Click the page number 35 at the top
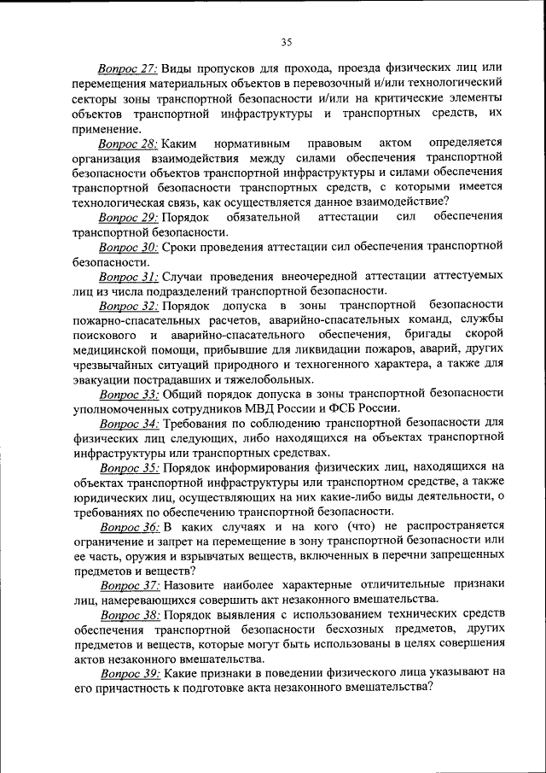tap(287, 42)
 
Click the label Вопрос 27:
tap(127, 67)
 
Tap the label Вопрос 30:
tap(127, 247)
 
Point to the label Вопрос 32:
tap(127, 305)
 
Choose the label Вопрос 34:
tap(127, 423)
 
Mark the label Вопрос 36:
tap(127, 526)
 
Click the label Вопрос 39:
tap(127, 673)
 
